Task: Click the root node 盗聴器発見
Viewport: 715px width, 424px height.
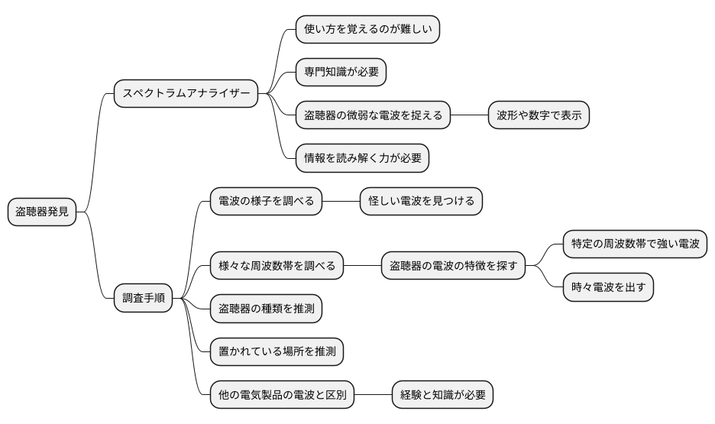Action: [43, 212]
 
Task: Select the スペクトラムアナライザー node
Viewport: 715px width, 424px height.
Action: [186, 94]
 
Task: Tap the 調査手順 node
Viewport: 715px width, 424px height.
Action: [143, 298]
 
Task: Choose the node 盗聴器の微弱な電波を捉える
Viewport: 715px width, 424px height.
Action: [373, 116]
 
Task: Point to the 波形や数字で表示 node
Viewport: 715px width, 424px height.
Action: [539, 116]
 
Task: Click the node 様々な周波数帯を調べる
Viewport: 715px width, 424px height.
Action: [277, 267]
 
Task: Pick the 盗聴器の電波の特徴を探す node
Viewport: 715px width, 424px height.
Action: [454, 267]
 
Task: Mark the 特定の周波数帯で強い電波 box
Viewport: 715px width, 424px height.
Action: [636, 244]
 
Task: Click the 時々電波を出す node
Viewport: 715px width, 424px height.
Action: [608, 288]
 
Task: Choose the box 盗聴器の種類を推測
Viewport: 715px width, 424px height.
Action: [266, 309]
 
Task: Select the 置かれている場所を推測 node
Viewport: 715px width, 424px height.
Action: [277, 352]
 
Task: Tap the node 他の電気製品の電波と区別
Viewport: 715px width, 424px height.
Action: [282, 396]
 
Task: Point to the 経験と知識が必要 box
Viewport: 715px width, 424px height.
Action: [442, 396]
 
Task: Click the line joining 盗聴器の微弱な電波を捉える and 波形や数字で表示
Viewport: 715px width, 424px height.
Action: [469, 116]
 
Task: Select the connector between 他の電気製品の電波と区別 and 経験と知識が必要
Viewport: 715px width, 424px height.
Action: [373, 396]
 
